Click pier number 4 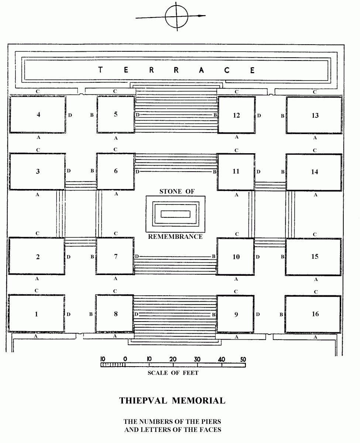(x=38, y=114)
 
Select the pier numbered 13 (x=314, y=115)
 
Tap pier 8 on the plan (x=114, y=314)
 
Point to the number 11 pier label (x=236, y=171)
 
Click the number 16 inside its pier (x=315, y=314)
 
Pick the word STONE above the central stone (x=170, y=191)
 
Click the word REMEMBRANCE (x=175, y=237)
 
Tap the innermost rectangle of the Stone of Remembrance (x=175, y=214)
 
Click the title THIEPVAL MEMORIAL (x=172, y=401)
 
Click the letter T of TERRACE (x=100, y=70)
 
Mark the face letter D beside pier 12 (x=259, y=116)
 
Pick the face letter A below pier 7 (x=116, y=278)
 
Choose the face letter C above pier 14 (x=315, y=150)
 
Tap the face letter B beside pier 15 (x=282, y=257)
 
